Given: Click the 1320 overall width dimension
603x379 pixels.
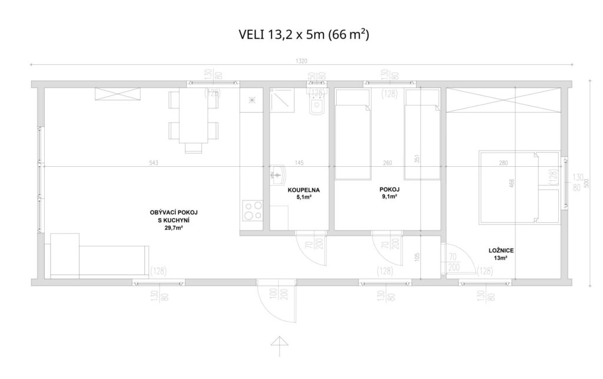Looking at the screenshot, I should coord(303,61).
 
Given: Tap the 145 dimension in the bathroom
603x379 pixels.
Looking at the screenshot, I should coord(299,163).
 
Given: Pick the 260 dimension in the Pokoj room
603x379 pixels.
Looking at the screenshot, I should coord(387,163).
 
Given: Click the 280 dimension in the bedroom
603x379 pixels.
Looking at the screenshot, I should coord(503,163).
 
